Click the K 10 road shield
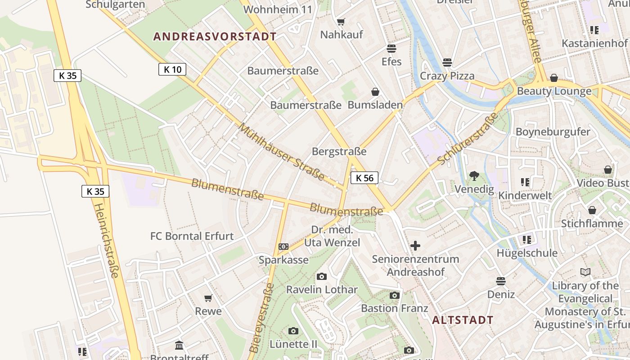tap(172, 69)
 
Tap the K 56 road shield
tap(364, 178)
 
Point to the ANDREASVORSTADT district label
tap(215, 36)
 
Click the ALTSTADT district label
tap(463, 320)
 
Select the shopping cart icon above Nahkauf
tap(341, 22)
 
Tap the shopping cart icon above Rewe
tap(208, 298)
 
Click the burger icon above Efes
tap(391, 48)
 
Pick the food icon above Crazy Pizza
tap(447, 62)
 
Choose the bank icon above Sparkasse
tap(283, 247)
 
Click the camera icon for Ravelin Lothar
tap(321, 276)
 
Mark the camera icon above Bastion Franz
tap(394, 295)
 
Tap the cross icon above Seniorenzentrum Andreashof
tap(415, 246)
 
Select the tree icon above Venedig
tap(474, 176)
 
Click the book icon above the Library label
tap(585, 272)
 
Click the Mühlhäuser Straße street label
tap(281, 151)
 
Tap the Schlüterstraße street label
tap(468, 138)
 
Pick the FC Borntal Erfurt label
tap(192, 236)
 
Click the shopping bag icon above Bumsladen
tap(375, 92)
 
